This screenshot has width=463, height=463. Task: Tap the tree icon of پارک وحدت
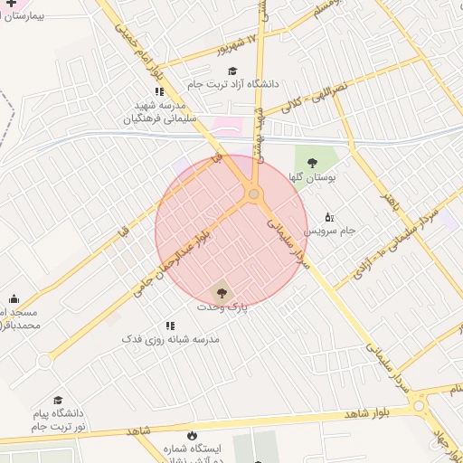[220, 291]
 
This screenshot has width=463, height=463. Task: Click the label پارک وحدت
[222, 307]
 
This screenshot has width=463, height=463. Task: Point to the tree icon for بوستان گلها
[312, 163]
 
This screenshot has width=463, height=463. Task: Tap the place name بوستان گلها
[314, 178]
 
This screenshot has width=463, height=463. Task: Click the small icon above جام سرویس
[328, 217]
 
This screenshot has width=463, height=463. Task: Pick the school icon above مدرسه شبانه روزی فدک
[169, 325]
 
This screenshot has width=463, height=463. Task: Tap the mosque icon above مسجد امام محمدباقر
[14, 298]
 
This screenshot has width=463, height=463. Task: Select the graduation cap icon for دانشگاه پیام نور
[58, 399]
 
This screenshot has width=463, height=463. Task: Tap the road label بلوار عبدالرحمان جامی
[175, 258]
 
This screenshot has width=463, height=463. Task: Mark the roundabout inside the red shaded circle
[254, 194]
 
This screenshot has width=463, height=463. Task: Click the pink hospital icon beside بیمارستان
[12, 5]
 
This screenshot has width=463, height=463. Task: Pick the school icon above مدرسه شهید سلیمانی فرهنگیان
[159, 91]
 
